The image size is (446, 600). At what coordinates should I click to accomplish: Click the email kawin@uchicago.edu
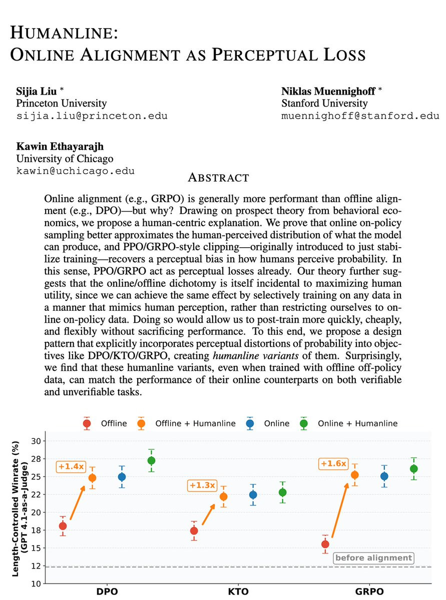(76, 171)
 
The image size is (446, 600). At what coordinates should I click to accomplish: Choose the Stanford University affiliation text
(324, 104)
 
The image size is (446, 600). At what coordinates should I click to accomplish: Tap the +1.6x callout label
(333, 464)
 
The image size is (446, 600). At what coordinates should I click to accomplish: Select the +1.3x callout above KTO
(202, 485)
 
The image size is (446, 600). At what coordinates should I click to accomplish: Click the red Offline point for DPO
(63, 525)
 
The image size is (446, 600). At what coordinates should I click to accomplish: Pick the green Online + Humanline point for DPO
(151, 460)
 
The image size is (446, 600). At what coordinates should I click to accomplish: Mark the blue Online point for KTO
(253, 495)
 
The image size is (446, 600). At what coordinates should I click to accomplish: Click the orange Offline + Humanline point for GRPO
(355, 475)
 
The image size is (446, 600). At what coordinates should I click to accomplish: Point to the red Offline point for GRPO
(325, 544)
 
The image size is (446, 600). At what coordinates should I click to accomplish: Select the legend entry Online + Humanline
(350, 423)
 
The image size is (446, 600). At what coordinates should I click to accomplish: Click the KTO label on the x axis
(238, 591)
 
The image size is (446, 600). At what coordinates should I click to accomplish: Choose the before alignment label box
(373, 558)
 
